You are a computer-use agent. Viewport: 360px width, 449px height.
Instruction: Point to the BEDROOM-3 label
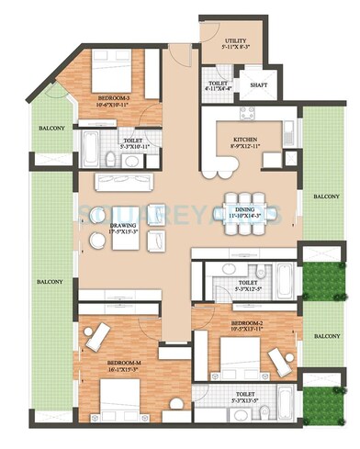coord(114,96)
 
